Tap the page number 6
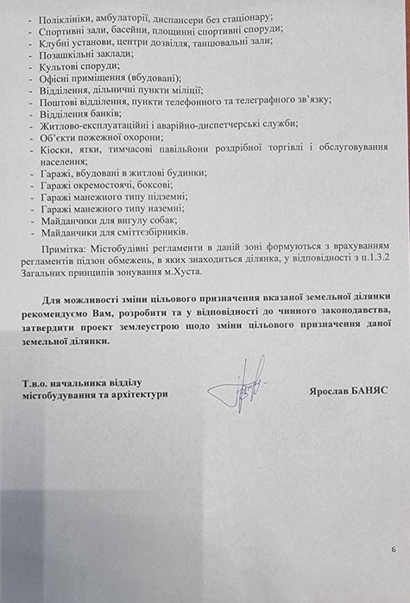[x=393, y=549]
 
